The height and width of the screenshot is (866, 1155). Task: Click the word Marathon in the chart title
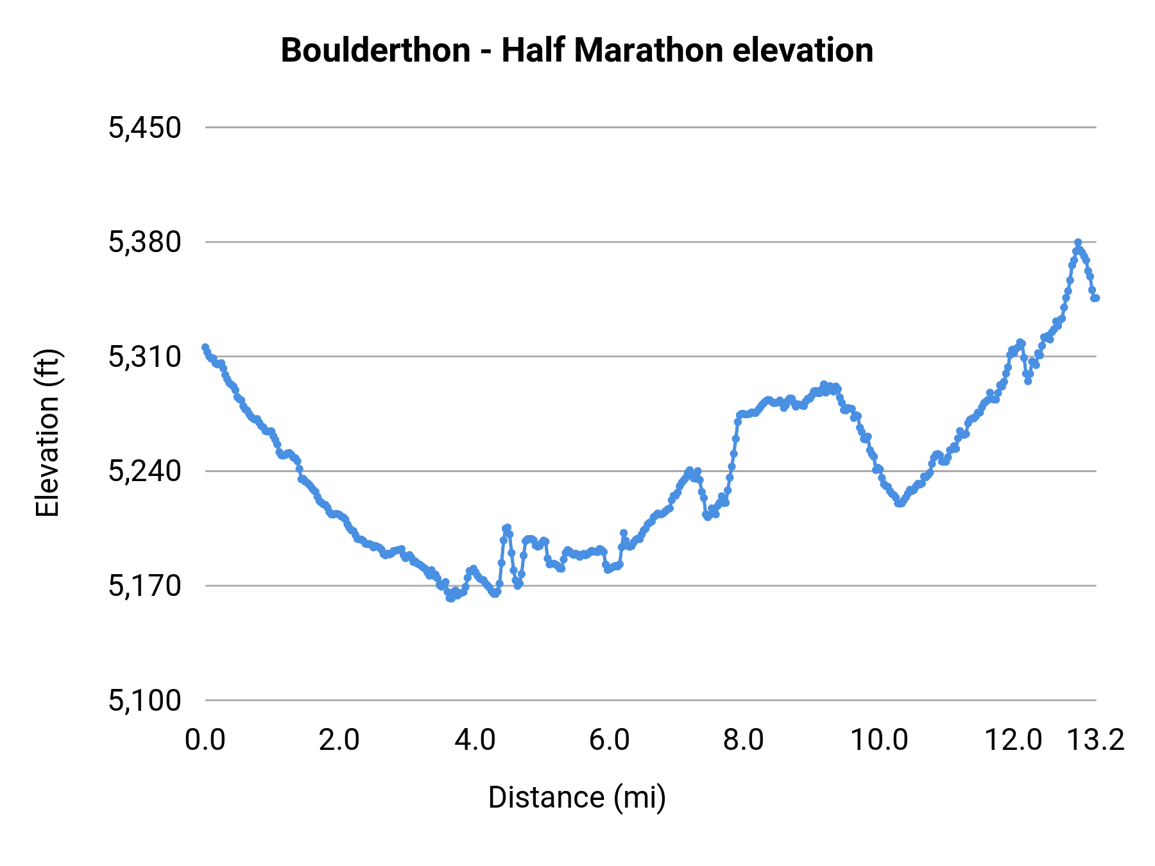click(x=649, y=51)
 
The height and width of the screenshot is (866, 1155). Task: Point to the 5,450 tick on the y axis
click(x=145, y=128)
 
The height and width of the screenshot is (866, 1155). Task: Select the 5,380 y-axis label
click(x=145, y=242)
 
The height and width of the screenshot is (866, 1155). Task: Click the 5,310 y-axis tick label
click(x=145, y=357)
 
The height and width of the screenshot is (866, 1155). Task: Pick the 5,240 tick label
click(x=145, y=471)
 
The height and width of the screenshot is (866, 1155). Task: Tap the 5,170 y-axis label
click(x=145, y=586)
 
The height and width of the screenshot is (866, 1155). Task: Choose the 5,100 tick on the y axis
click(x=145, y=700)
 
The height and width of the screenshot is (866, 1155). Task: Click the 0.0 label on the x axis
click(x=205, y=740)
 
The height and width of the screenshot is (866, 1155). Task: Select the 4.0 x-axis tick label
click(x=475, y=740)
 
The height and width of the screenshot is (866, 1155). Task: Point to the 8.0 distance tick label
click(x=744, y=740)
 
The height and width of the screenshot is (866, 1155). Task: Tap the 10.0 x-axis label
click(x=879, y=740)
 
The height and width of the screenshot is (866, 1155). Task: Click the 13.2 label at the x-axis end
click(x=1096, y=740)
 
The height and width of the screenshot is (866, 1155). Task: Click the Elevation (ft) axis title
click(x=47, y=433)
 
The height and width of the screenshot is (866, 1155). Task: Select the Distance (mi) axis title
click(x=577, y=797)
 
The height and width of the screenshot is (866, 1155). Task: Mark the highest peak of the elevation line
click(x=1078, y=242)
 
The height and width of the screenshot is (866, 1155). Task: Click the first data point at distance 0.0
click(x=205, y=347)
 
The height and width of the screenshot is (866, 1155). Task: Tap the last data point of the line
click(x=1096, y=298)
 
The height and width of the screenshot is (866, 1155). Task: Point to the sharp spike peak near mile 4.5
click(x=507, y=527)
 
